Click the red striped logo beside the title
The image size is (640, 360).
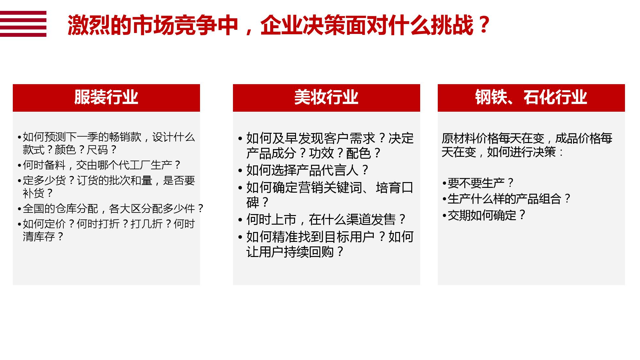23,24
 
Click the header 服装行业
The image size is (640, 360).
106,97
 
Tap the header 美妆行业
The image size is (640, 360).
326,97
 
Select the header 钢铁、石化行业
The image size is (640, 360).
531,97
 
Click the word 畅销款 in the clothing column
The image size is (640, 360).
125,137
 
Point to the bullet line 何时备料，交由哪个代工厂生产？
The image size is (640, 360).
99,165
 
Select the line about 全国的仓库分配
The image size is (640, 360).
111,209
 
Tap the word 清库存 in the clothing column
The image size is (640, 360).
39,237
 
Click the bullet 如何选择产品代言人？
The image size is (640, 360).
304,170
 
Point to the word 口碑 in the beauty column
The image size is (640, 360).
330,195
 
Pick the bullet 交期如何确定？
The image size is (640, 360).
484,215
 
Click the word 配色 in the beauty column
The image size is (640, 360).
358,153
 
